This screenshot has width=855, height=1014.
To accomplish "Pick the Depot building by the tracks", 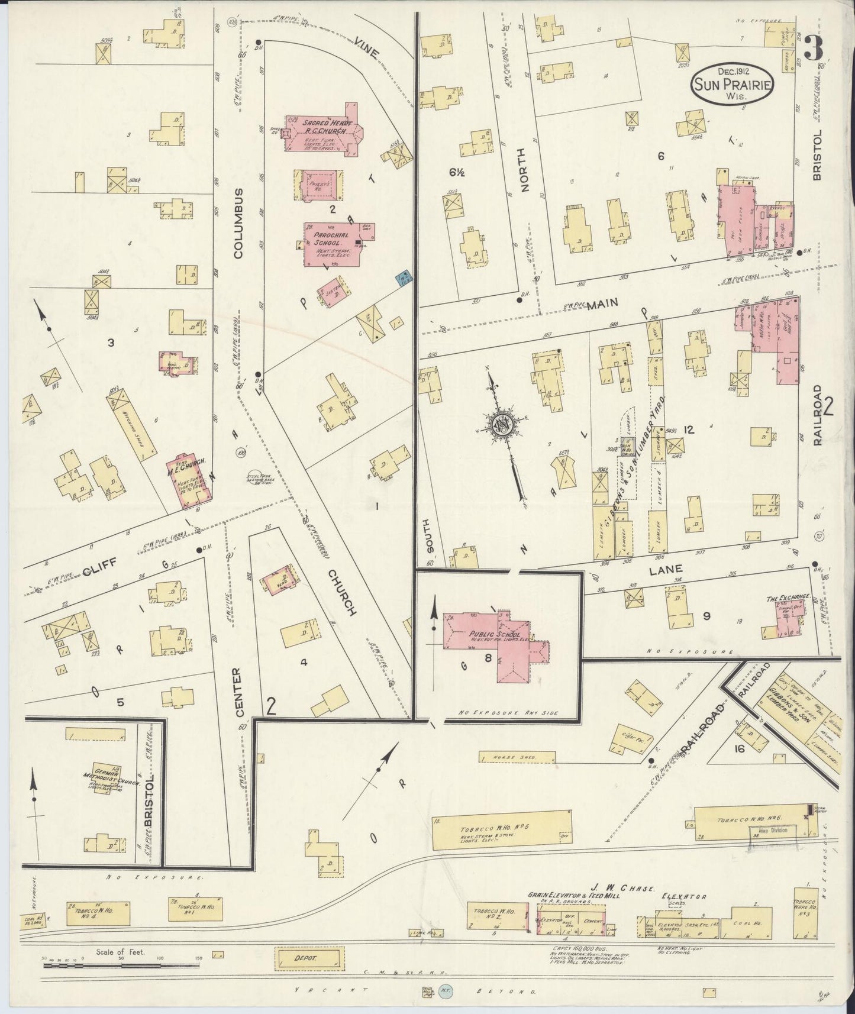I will point(309,959).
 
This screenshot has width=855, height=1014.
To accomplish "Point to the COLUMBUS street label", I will point(238,223).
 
